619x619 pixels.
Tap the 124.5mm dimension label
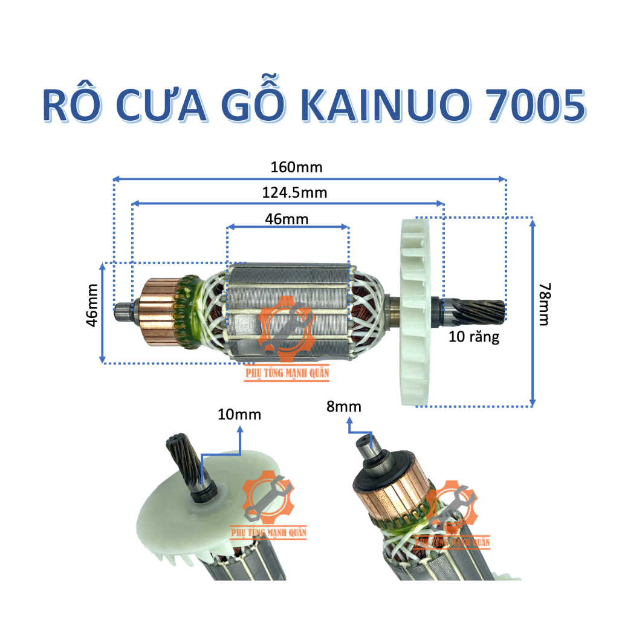point(296,193)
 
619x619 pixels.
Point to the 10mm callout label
point(240,415)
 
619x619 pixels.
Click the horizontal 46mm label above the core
point(287,219)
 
